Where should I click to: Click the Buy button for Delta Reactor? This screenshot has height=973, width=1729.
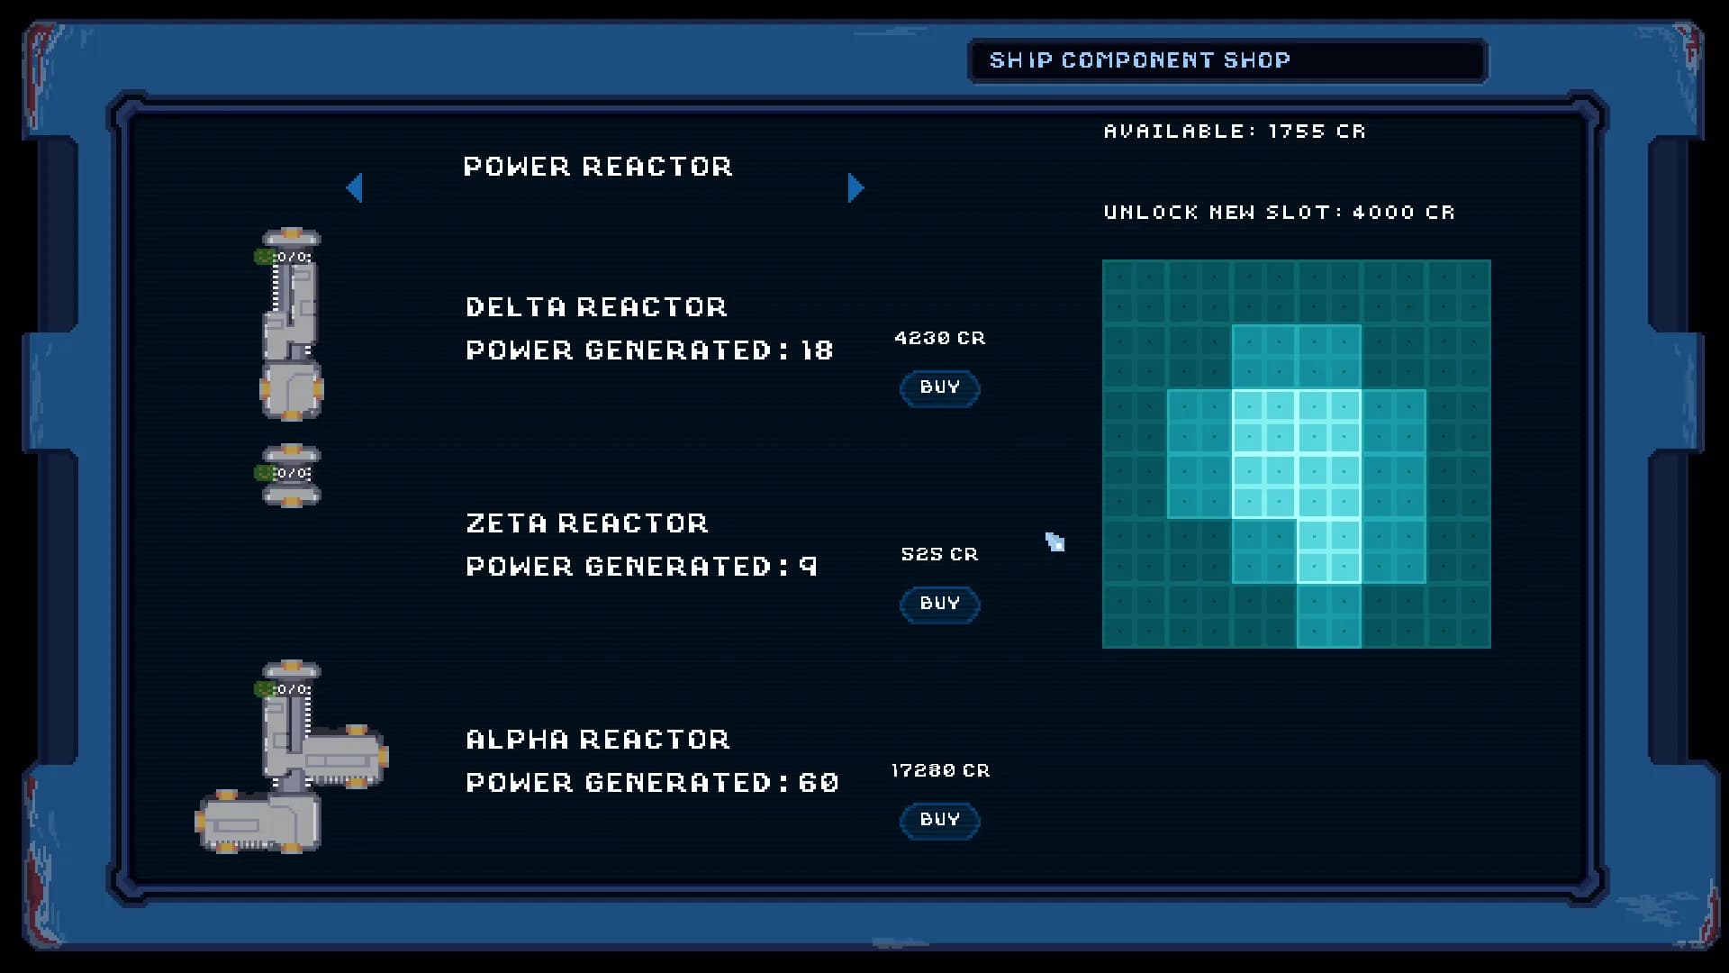939,388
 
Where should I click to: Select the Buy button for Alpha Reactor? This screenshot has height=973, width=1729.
939,821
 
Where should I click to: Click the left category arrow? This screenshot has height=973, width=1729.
354,187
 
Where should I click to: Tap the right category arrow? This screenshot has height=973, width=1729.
856,187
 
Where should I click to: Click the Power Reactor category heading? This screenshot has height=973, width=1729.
598,167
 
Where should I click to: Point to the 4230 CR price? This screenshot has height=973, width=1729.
940,338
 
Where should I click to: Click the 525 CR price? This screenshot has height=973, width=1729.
939,554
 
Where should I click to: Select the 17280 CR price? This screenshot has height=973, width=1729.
940,770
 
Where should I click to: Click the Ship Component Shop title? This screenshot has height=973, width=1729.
1140,60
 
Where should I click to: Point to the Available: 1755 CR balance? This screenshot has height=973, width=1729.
1235,132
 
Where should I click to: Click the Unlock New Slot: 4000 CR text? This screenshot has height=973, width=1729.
1279,213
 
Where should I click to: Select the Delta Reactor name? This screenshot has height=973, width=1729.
596,307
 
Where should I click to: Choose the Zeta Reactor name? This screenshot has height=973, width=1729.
587,523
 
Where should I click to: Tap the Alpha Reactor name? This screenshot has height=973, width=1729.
598,740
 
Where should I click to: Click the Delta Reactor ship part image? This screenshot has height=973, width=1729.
290,324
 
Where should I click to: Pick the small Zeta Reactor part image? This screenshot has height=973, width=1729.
289,475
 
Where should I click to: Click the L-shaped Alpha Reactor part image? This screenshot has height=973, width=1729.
292,757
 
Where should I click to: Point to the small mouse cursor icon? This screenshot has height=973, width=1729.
1055,541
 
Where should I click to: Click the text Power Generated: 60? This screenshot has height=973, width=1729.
652,783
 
